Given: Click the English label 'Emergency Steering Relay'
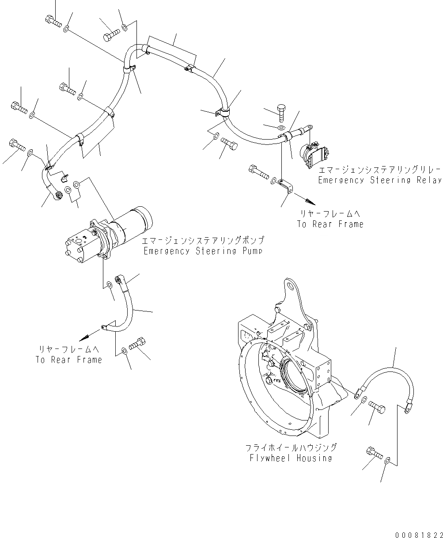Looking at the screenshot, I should pos(380,180).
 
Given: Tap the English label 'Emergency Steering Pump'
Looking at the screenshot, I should pos(204,251).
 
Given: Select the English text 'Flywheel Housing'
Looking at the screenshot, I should pos(290,458).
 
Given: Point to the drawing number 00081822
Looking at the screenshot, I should pos(418,534).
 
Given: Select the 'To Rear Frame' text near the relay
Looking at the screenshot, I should pos(330,224).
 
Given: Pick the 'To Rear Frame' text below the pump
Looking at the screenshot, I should pos(69,360).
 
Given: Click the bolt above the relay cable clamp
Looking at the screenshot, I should pos(281,111).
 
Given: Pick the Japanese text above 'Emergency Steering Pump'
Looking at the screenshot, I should pos(203,241).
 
